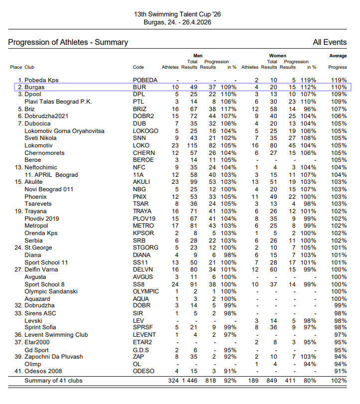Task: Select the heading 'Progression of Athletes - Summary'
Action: pos(68,42)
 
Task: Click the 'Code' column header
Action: pos(138,67)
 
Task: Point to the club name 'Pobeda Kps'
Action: pos(42,80)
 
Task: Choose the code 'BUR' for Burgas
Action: pos(140,87)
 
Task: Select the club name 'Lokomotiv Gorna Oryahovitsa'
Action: pos(64,131)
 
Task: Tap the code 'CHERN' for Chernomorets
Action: pos(144,153)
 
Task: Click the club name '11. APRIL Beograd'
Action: pos(51,175)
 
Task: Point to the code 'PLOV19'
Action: pos(145,218)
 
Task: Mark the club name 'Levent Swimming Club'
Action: pos(56,335)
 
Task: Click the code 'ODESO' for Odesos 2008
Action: pos(144,371)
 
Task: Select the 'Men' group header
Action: pos(198,56)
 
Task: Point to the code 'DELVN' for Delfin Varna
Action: pos(144,269)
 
